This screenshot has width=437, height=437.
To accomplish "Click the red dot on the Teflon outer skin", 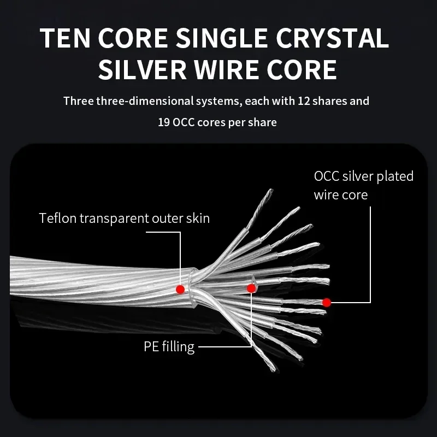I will pyautogui.click(x=180, y=289).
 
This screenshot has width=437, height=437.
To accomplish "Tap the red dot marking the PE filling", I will pyautogui.click(x=251, y=288).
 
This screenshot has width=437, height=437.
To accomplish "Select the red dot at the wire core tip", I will pyautogui.click(x=327, y=302).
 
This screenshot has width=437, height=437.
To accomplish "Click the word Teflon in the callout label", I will pyautogui.click(x=58, y=218).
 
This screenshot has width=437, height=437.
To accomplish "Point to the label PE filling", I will pyautogui.click(x=169, y=346).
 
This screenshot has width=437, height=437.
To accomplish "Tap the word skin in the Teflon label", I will pyautogui.click(x=198, y=218).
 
